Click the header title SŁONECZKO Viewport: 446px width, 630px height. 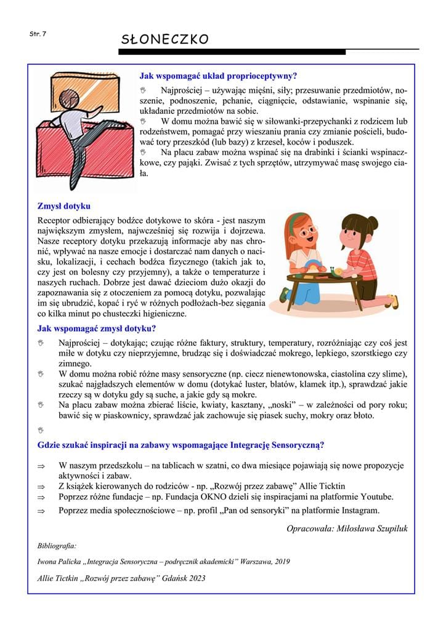pos(164,39)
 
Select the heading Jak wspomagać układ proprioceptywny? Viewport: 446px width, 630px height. pos(218,76)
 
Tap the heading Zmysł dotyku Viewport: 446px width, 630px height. pos(63,206)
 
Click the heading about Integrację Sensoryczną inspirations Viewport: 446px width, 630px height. pos(181,444)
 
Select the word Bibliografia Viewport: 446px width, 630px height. pos(57,545)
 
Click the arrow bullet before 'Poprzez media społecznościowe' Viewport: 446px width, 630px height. pos(42,511)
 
